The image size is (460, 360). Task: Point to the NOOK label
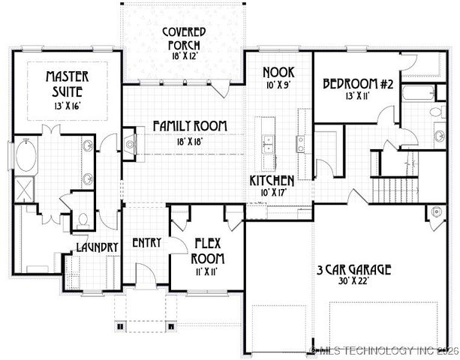pos(277,72)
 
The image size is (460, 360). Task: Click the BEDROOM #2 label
pos(358,84)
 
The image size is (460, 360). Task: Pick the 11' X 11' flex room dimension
pos(206,272)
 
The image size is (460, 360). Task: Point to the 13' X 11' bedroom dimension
pos(358,97)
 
